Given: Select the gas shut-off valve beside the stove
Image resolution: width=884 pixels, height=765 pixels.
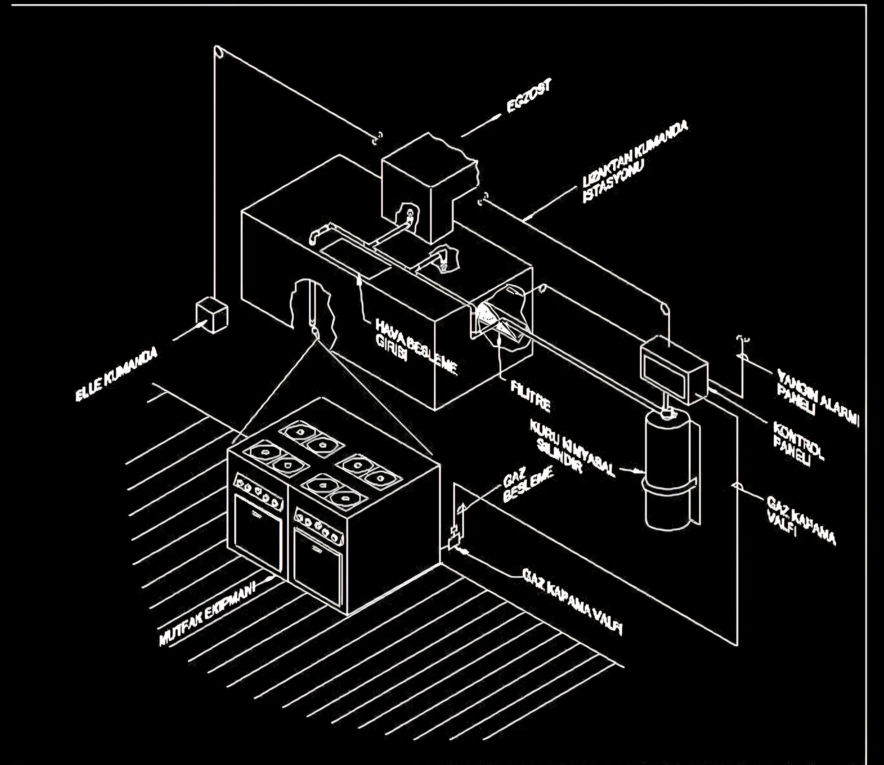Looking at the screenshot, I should coord(453,538).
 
